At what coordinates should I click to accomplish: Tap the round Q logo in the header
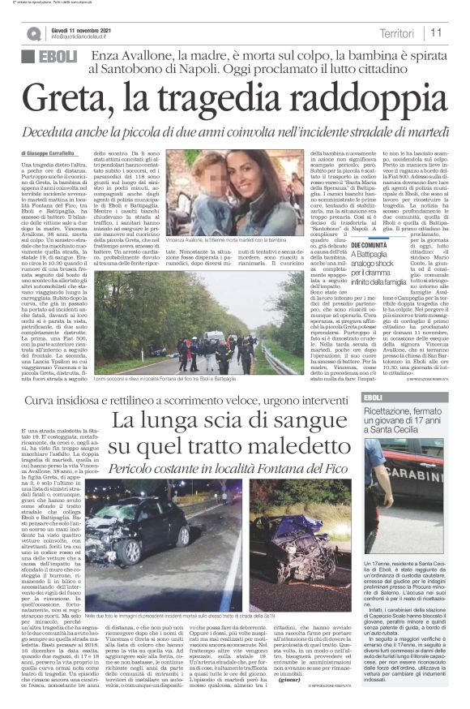(33, 33)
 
